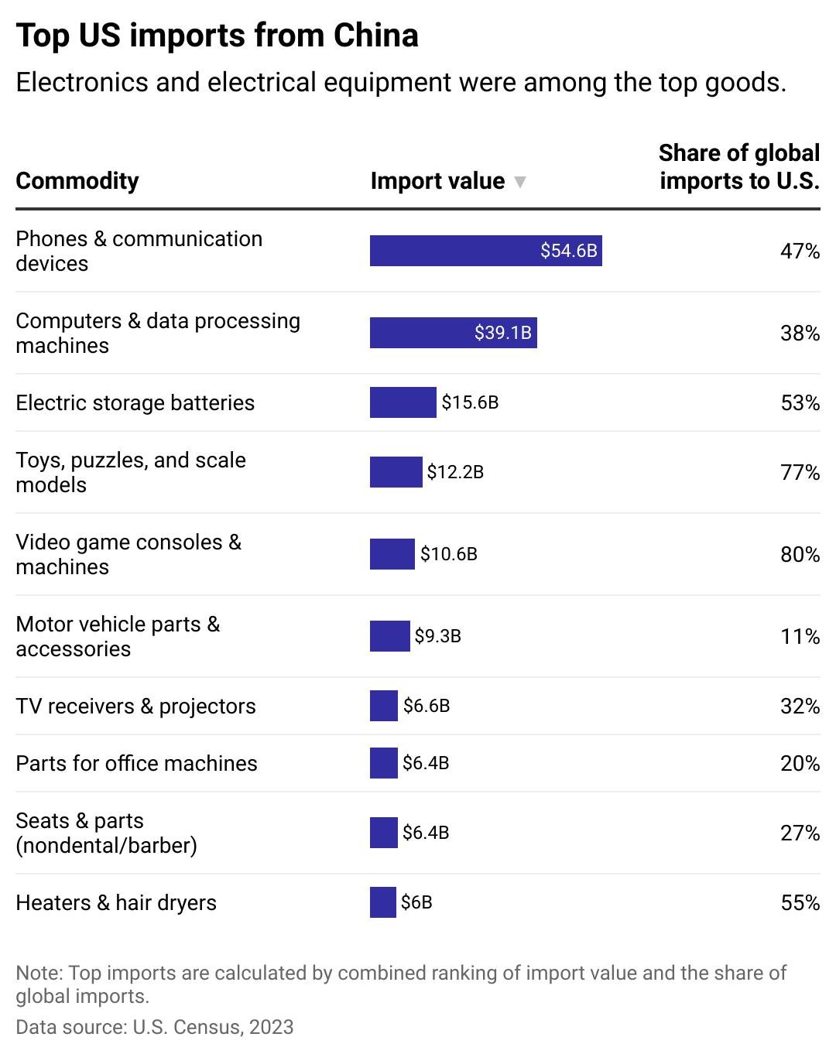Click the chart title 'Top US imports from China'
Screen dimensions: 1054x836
(x=218, y=36)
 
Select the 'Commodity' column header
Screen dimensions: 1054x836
(x=77, y=180)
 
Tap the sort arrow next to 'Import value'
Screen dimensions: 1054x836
(x=520, y=182)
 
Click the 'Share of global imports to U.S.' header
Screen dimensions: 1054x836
(x=739, y=166)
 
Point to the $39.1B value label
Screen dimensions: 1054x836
(x=503, y=333)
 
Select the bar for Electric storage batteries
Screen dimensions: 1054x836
(x=403, y=402)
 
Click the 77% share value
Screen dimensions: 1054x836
(x=800, y=472)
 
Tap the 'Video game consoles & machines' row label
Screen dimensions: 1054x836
(x=128, y=554)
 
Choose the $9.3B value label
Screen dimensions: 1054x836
(x=438, y=636)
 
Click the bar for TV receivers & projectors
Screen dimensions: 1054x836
(x=384, y=706)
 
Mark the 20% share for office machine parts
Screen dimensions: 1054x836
(x=800, y=763)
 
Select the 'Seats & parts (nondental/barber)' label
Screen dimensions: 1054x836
(x=106, y=833)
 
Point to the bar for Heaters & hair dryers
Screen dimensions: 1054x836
(x=383, y=902)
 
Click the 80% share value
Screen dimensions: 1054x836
(x=800, y=554)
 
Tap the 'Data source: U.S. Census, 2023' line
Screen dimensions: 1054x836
(x=155, y=1027)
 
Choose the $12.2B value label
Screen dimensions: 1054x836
(x=455, y=472)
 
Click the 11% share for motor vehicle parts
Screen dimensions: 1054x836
(x=800, y=636)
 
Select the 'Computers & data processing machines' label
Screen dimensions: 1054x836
(x=158, y=333)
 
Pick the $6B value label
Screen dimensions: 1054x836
(x=416, y=902)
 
